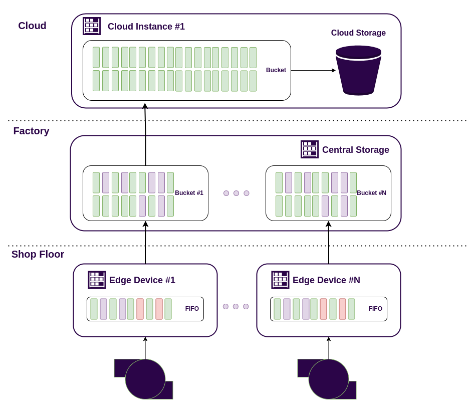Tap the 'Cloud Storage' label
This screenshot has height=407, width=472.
click(358, 33)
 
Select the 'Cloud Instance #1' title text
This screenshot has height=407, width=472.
click(146, 27)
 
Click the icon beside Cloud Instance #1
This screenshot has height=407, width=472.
click(92, 26)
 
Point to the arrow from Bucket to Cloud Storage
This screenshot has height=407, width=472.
click(313, 70)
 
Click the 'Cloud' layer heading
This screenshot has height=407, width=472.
click(32, 26)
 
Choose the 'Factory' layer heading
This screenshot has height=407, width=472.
click(31, 131)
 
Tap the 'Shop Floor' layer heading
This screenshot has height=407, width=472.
click(38, 254)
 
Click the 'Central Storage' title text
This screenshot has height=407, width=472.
click(355, 150)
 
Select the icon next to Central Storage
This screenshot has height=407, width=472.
click(310, 149)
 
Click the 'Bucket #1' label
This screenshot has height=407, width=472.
click(189, 193)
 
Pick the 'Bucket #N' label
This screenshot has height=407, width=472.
click(371, 193)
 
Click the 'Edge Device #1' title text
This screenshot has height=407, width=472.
click(142, 280)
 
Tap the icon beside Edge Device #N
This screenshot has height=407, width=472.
click(280, 280)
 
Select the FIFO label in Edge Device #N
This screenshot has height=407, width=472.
click(375, 309)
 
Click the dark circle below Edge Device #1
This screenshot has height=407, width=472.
click(145, 379)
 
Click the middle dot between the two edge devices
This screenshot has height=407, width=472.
click(235, 306)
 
